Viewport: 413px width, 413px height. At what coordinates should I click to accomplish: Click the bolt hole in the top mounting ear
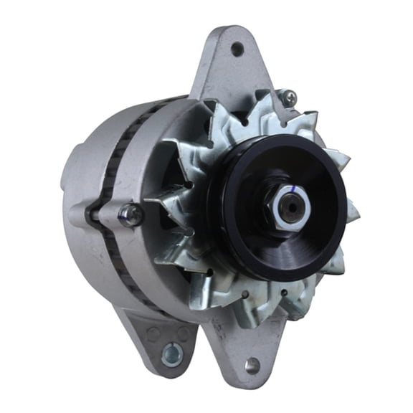(237, 49)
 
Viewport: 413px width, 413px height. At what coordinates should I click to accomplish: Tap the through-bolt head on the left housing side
(130, 214)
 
